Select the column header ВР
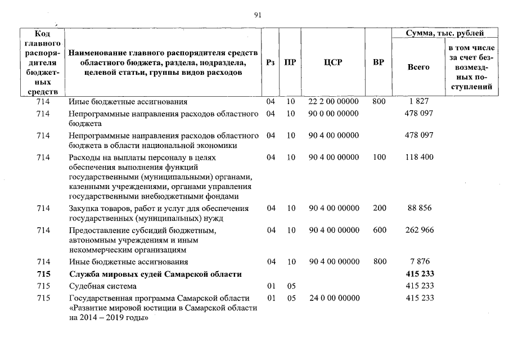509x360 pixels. point(379,62)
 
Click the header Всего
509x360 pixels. point(418,67)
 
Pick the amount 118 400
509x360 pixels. point(419,157)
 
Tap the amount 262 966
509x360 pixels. point(419,231)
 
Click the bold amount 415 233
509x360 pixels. point(419,274)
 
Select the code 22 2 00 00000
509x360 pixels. point(334,102)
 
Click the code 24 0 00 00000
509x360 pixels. point(334,298)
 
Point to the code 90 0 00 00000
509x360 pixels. point(334,114)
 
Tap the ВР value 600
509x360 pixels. point(379,231)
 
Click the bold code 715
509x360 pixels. point(43,274)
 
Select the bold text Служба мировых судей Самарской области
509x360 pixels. point(155,274)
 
